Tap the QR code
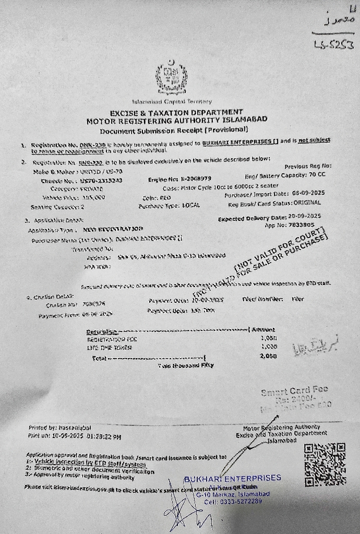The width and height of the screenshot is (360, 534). tap(324, 464)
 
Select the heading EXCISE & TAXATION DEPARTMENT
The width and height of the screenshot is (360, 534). tap(176, 112)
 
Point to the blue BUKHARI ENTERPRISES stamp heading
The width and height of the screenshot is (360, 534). tap(232, 478)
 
